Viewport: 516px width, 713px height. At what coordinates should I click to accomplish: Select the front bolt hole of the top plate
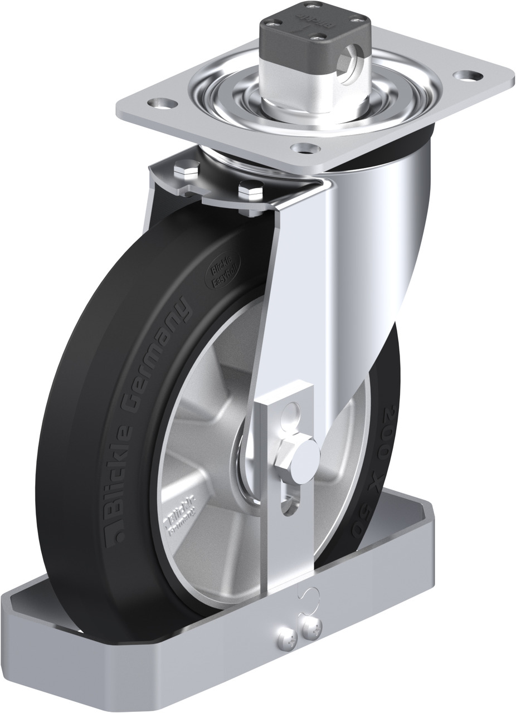pos(304,148)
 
